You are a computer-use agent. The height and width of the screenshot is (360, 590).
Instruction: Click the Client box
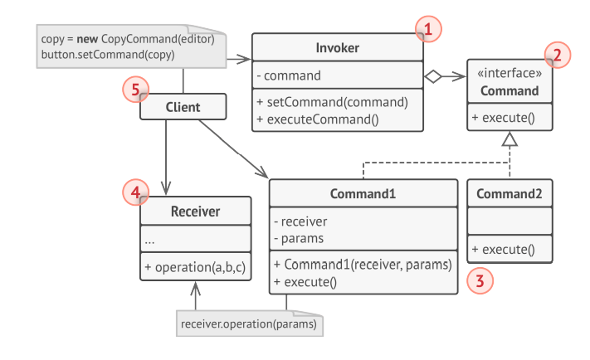(x=183, y=106)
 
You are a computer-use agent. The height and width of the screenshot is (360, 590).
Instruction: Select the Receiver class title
(x=196, y=212)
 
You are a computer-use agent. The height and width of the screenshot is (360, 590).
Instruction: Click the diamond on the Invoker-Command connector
(x=432, y=77)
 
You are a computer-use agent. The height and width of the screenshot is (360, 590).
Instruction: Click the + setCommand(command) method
(x=331, y=103)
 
